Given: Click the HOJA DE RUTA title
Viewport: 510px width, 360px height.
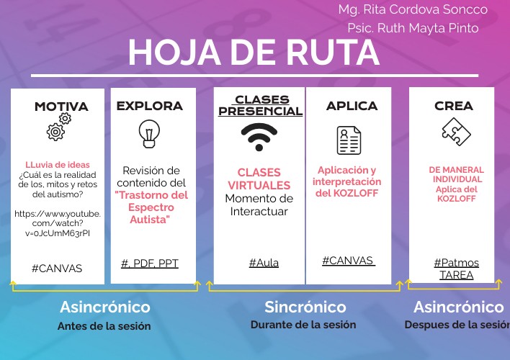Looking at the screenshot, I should (254, 53).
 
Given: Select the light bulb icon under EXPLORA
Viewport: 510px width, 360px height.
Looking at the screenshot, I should (149, 134).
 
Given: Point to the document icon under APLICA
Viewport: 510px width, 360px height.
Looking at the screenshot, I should (349, 140).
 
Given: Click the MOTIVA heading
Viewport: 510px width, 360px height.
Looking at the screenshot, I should (61, 107).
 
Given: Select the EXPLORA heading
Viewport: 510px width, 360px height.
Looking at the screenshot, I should (150, 106).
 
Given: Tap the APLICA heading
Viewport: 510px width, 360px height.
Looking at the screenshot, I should (352, 106).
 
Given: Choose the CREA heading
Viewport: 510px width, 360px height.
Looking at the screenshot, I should (454, 106).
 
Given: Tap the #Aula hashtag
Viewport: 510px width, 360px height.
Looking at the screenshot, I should (264, 263).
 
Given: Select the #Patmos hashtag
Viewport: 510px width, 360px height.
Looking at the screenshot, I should (456, 263).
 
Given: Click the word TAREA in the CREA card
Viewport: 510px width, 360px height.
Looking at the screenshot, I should (456, 275).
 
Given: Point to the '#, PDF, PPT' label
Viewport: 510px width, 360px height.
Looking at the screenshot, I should (149, 263).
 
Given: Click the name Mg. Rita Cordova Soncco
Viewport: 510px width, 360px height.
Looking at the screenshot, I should (413, 10).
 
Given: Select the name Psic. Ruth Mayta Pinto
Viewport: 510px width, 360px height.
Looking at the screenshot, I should (413, 29).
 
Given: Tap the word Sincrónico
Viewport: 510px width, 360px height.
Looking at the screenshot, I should (305, 307).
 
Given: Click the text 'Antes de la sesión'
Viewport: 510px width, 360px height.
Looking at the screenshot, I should (104, 326).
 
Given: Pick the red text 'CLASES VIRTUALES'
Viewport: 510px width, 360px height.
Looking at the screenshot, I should (259, 179).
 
